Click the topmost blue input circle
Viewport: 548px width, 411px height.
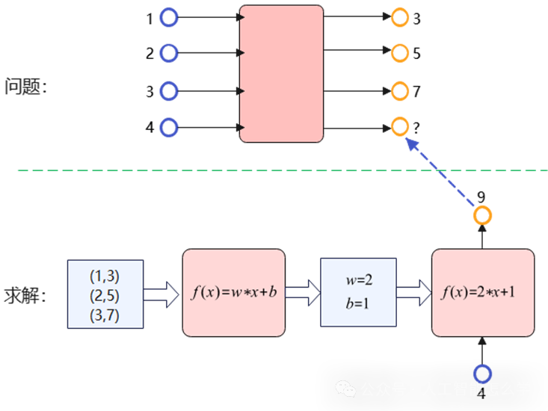(170, 16)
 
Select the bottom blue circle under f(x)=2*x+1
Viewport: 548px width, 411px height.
(483, 374)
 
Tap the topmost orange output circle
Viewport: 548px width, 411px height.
(400, 16)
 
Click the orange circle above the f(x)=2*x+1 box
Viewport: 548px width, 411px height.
(483, 216)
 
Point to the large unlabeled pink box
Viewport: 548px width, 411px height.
(281, 73)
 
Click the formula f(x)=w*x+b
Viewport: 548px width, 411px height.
(234, 292)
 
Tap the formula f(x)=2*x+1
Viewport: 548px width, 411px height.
(483, 292)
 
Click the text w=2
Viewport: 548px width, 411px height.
(359, 280)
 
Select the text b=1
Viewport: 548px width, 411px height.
(359, 304)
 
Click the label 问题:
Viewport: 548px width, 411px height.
(26, 87)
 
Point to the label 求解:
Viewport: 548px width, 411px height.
(26, 294)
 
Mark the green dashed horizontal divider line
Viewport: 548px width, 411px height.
(224, 170)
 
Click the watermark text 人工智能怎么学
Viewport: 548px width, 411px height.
(476, 389)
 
